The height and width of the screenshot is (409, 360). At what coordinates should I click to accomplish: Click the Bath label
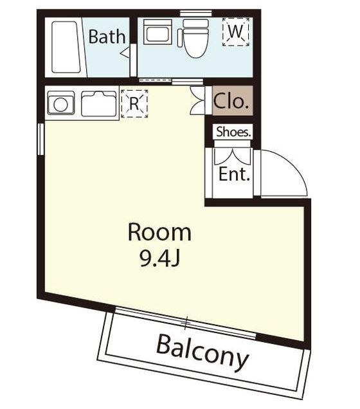[x=107, y=37]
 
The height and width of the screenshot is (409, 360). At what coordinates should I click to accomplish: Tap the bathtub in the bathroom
[x=66, y=47]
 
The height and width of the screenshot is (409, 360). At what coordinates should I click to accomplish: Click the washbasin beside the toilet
[x=157, y=32]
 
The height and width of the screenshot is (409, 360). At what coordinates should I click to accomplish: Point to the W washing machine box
[x=236, y=32]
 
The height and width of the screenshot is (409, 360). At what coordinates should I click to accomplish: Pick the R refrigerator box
[x=134, y=104]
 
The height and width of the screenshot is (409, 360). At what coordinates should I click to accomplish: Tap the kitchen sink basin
[x=98, y=104]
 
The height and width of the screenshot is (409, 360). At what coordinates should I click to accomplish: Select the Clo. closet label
[x=231, y=101]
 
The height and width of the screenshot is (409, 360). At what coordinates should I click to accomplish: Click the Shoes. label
[x=233, y=132]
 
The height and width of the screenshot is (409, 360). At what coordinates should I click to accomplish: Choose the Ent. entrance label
[x=234, y=174]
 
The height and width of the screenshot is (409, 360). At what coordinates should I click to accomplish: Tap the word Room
[x=160, y=232]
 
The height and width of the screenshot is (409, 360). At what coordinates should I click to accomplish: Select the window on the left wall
[x=40, y=140]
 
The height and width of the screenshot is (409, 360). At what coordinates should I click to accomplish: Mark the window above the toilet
[x=196, y=13]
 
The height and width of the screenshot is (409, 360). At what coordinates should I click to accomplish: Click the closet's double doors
[x=197, y=100]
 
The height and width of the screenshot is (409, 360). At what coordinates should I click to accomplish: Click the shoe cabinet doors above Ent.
[x=232, y=156]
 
